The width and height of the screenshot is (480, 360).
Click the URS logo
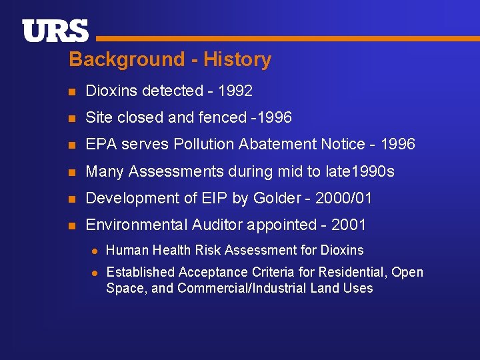[x=55, y=31]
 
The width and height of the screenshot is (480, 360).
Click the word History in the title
[x=237, y=59]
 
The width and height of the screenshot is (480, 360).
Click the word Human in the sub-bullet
[x=124, y=250]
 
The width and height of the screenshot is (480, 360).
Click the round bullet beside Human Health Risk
[x=95, y=251]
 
